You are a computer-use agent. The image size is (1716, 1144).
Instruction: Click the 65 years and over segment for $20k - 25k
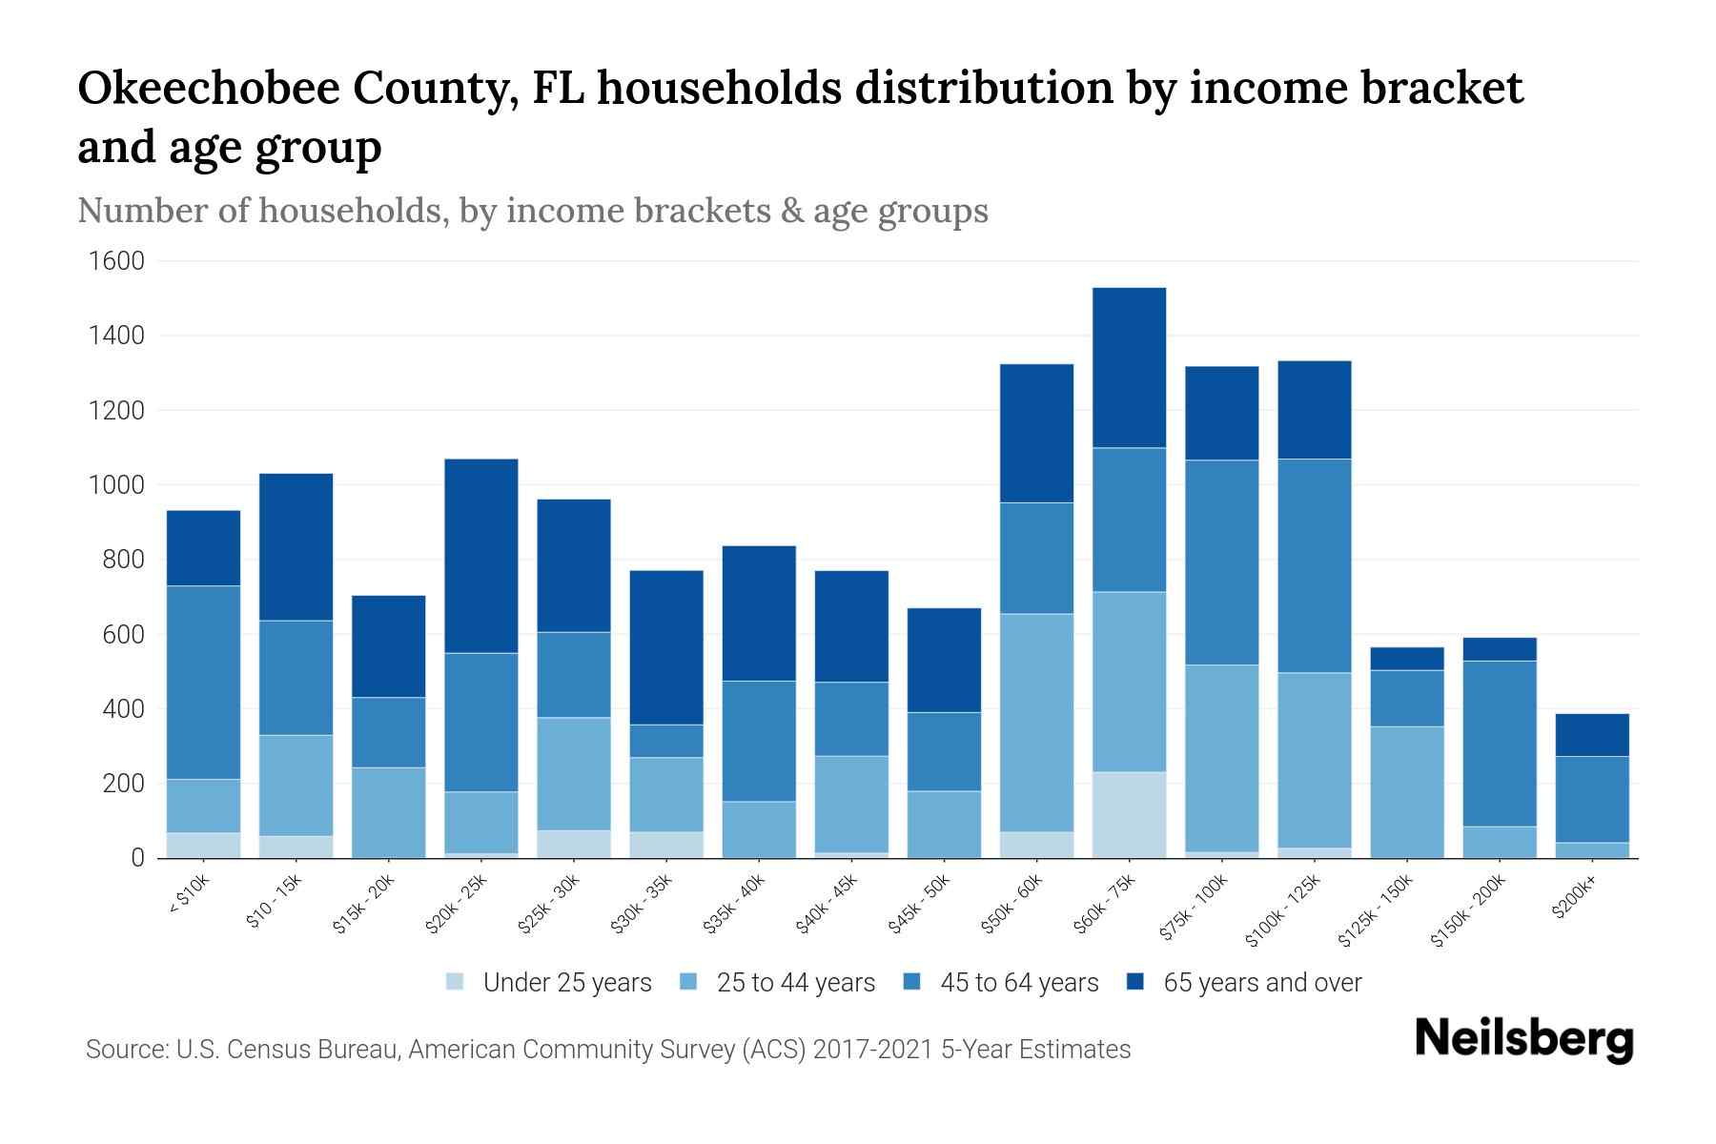pyautogui.click(x=481, y=556)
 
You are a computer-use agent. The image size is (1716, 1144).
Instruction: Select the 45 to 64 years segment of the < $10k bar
pyautogui.click(x=203, y=683)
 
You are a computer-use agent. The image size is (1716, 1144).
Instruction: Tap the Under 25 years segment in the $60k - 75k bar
pyautogui.click(x=1129, y=814)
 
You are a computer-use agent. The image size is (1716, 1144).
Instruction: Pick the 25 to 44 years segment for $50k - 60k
pyautogui.click(x=1036, y=723)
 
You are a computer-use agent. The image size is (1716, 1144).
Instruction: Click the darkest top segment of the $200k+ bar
pyautogui.click(x=1592, y=735)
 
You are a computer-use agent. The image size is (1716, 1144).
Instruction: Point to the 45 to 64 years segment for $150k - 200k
pyautogui.click(x=1499, y=744)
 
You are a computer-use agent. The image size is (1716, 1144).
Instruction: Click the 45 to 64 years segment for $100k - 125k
pyautogui.click(x=1314, y=566)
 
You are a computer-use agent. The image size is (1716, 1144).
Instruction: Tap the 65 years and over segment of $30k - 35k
pyautogui.click(x=666, y=647)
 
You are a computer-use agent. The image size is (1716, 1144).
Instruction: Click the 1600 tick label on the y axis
pyautogui.click(x=116, y=261)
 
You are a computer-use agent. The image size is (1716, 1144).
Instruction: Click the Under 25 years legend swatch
pyautogui.click(x=456, y=982)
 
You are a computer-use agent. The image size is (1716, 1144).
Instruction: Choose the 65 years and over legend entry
pyautogui.click(x=1261, y=983)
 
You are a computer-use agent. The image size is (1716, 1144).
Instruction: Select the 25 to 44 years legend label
pyautogui.click(x=795, y=983)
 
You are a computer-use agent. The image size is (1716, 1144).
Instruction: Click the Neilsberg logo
pyautogui.click(x=1523, y=1039)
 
